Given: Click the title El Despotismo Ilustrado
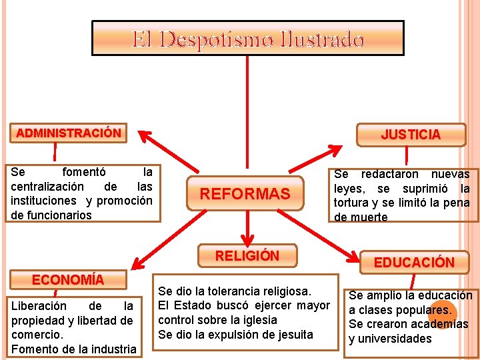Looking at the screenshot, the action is [x=247, y=40].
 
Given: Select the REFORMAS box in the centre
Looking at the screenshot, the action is [x=245, y=194].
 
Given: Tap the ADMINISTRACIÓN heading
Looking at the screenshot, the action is [x=69, y=133].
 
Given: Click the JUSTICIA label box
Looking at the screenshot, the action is [x=411, y=135].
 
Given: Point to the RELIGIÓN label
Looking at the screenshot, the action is [x=247, y=255].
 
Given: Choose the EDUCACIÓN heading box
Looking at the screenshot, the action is [x=413, y=262].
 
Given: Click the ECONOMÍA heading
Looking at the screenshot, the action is [x=68, y=279].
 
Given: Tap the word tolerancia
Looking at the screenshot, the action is [x=230, y=291].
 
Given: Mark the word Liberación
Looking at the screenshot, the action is [x=39, y=306].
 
